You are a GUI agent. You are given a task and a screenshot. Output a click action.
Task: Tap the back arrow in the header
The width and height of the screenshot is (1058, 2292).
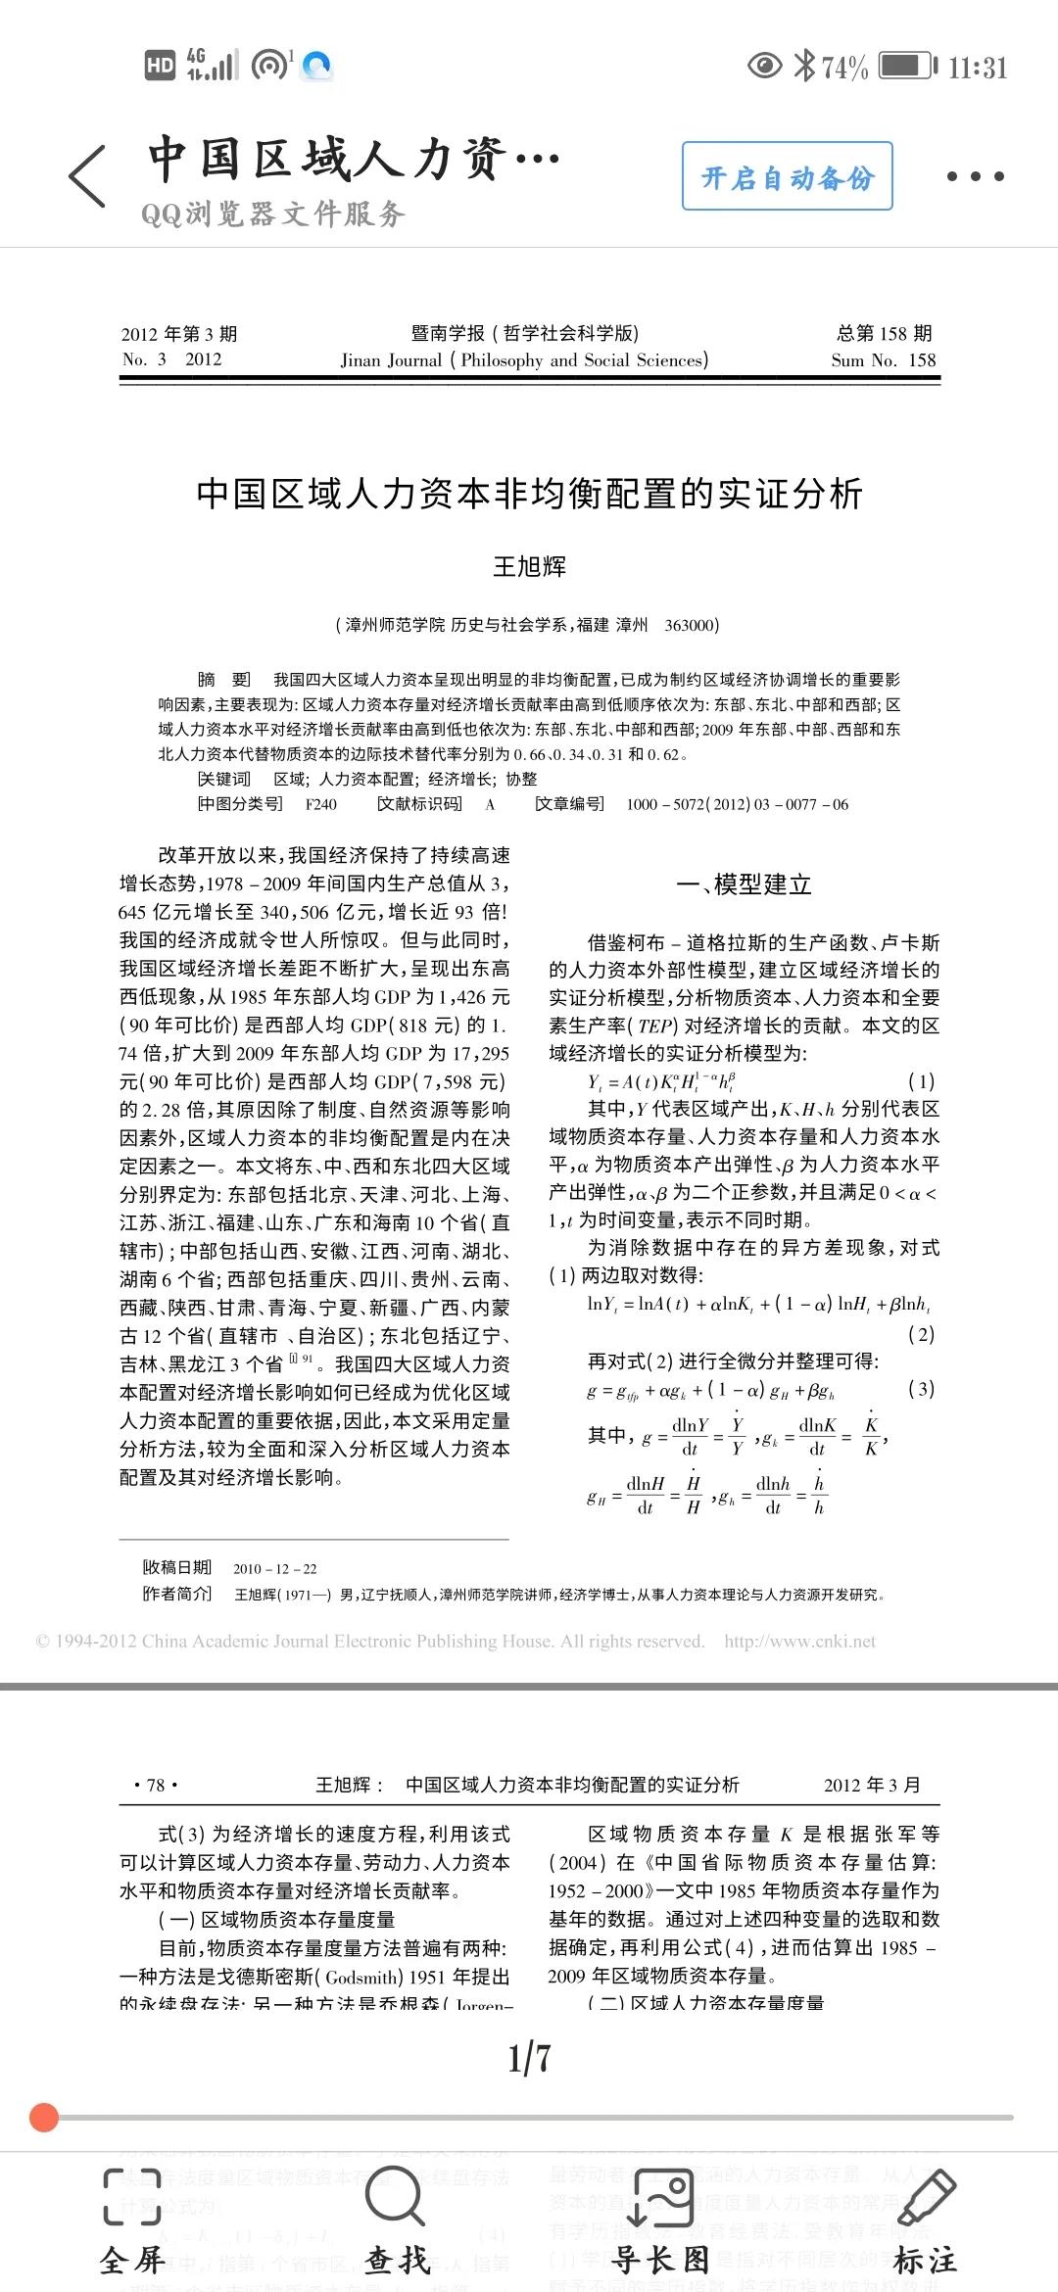pos(88,176)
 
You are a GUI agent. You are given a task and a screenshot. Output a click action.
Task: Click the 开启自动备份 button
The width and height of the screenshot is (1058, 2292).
pos(787,176)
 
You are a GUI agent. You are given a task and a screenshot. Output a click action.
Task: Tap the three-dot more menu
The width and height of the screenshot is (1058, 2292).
pos(975,176)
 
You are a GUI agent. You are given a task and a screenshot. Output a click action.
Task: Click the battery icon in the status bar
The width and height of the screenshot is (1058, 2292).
pos(907,67)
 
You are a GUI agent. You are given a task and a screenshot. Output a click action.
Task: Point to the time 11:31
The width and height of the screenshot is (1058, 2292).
pos(977,68)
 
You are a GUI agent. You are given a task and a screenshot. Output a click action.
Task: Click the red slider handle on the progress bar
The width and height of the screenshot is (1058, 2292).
pos(44,2117)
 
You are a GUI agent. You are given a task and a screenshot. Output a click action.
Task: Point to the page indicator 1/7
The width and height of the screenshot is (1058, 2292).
pos(529,2058)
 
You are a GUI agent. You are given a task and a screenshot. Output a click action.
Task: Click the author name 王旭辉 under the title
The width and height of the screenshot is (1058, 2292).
pos(529,566)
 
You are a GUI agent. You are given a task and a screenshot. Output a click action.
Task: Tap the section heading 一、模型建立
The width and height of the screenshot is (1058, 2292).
pos(745,884)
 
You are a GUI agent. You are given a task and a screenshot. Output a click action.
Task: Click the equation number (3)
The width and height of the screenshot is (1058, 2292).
pos(921,1389)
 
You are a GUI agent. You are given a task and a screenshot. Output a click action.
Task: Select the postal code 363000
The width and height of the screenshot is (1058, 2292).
pos(691,625)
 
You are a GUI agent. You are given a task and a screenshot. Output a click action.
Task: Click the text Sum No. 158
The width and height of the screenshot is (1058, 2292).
pos(883,360)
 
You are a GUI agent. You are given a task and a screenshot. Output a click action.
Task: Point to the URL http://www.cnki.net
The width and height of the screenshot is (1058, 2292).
pos(800,1642)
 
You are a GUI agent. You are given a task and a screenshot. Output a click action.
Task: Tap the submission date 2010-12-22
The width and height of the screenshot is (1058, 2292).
pos(274,1568)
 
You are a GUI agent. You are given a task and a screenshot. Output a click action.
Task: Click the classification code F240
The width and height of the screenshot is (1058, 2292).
pos(320,804)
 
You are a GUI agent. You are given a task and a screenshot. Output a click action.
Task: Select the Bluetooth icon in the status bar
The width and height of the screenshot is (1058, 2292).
pos(804,67)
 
